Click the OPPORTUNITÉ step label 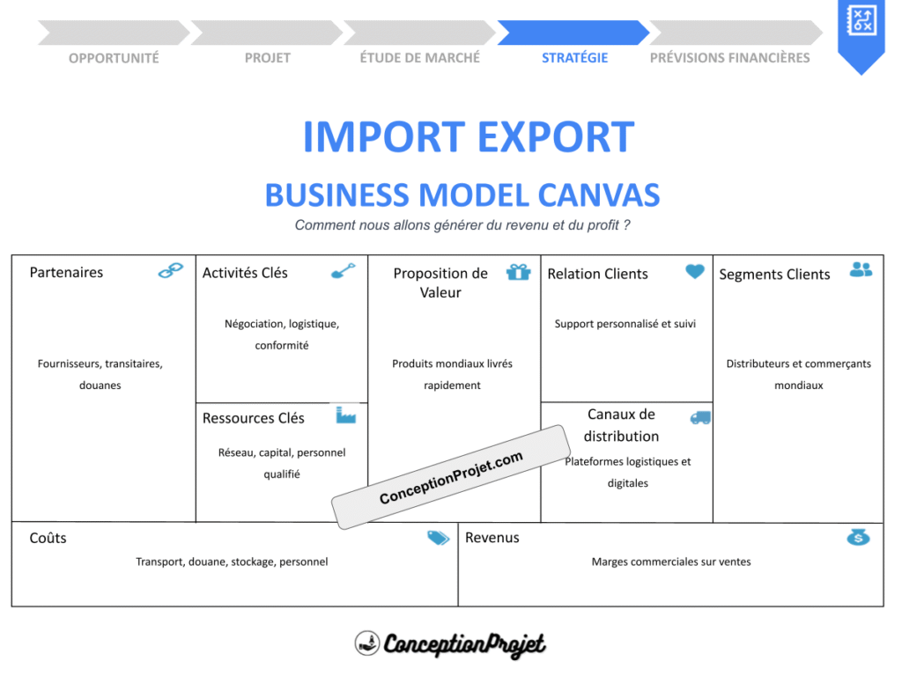coord(114,58)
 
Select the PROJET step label coord(267,58)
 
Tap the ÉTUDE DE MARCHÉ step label coord(420,58)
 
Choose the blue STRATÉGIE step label coord(574,58)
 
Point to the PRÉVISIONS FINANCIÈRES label coord(729,58)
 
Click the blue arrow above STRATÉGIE coord(573,33)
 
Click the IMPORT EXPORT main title coord(468,137)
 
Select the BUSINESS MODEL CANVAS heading coord(462,195)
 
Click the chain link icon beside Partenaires coord(171,270)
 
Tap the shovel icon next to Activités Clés coord(344,270)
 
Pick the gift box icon coord(518,271)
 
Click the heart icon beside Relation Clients coord(695,271)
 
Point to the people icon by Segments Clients coord(861,269)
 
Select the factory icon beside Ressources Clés coord(345,415)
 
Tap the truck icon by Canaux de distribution coord(700,417)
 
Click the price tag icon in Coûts coord(438,538)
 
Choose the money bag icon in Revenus coord(858,536)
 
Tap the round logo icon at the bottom coord(366,643)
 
